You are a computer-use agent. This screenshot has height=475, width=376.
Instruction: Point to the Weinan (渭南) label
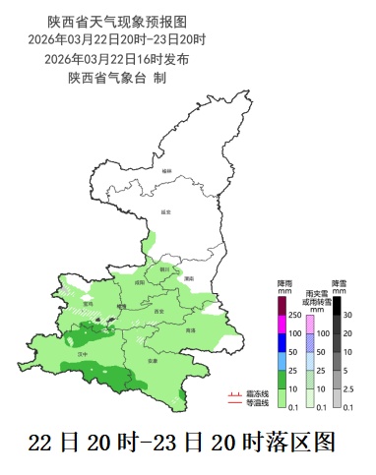tap(187, 279)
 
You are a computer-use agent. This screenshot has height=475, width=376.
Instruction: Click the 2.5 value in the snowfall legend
tap(347, 388)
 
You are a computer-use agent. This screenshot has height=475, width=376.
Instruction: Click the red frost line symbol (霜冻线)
tap(234, 393)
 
